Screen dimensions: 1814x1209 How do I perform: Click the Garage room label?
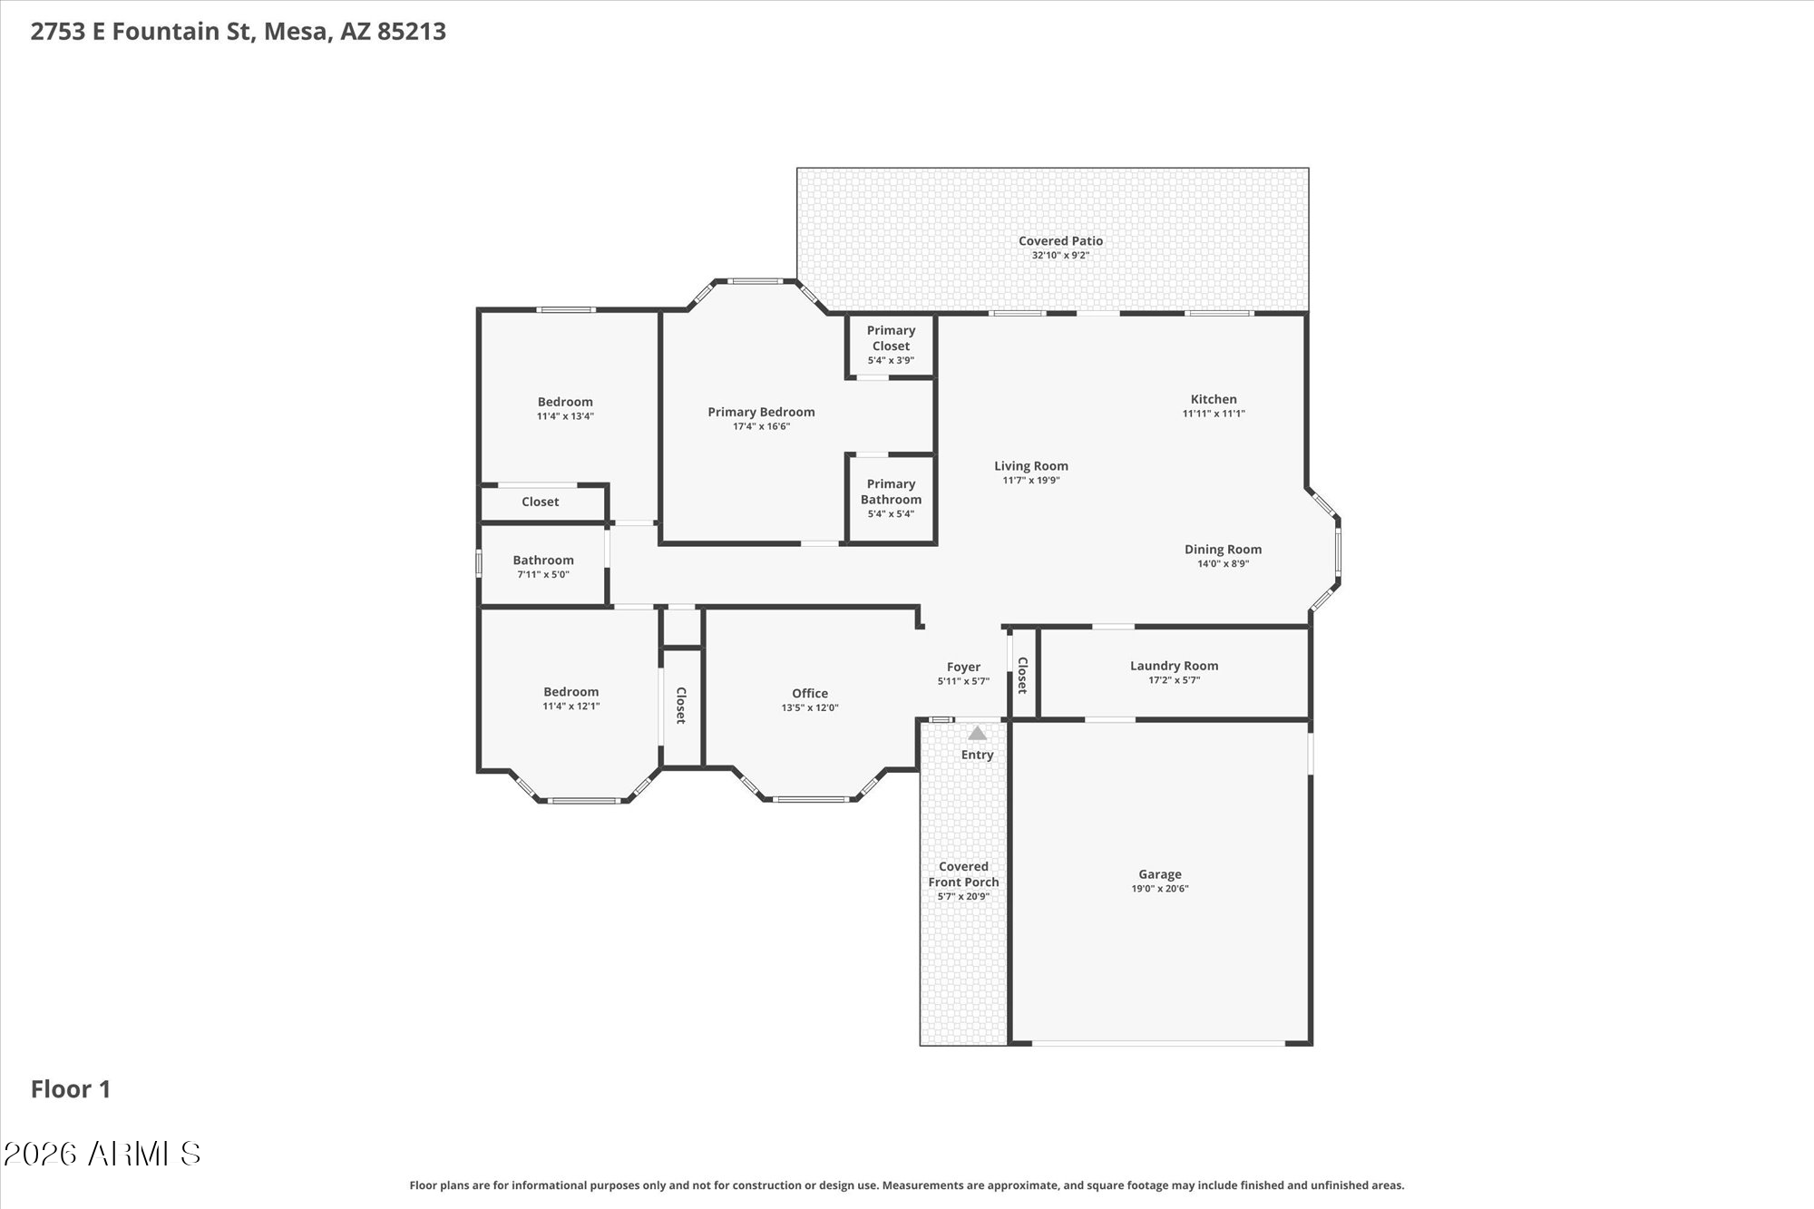click(1160, 874)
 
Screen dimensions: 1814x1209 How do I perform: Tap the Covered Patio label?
click(1060, 240)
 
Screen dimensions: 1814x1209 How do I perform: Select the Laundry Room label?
click(1174, 666)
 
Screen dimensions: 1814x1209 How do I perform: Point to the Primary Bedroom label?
click(761, 412)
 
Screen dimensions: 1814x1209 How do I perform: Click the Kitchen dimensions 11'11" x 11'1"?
click(1214, 414)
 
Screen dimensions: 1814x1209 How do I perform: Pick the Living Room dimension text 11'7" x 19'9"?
click(1031, 481)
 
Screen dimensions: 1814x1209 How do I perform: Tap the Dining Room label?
click(1223, 549)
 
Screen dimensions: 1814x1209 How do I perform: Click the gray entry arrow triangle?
click(977, 733)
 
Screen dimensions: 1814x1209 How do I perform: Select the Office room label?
click(810, 693)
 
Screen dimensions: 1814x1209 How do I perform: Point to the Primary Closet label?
click(891, 337)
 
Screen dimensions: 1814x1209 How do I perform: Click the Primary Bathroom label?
click(891, 492)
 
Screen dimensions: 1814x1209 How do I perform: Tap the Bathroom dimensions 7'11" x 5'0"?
click(543, 575)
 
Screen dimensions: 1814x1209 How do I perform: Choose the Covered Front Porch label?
click(963, 873)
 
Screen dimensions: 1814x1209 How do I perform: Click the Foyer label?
click(963, 667)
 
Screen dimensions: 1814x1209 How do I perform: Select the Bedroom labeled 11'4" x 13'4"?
click(565, 402)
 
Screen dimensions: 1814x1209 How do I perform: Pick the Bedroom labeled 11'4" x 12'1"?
click(571, 691)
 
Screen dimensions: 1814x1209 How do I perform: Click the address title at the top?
click(239, 32)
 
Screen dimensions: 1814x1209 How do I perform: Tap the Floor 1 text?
click(71, 1089)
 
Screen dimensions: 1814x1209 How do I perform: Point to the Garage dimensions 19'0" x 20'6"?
click(1160, 889)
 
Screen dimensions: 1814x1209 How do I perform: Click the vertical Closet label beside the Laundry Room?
click(1022, 675)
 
